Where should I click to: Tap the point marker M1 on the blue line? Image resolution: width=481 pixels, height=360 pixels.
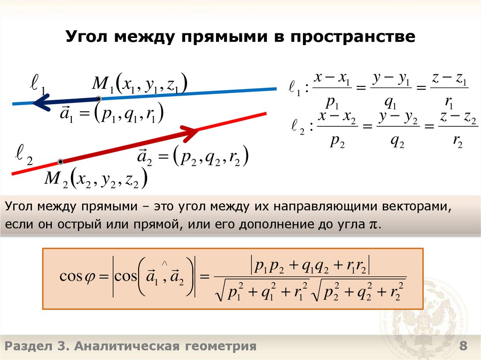tap(99, 99)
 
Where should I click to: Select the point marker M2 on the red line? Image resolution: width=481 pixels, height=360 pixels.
tap(60, 162)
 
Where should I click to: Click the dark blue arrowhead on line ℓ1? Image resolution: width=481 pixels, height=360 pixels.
tap(40, 102)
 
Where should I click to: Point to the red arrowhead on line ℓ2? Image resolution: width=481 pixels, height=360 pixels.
tap(190, 131)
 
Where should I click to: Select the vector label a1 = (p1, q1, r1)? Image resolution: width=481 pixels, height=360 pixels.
tap(111, 114)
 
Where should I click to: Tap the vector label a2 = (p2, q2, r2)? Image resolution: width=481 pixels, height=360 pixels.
tap(193, 158)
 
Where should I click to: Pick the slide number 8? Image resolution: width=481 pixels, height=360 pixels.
tap(463, 347)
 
